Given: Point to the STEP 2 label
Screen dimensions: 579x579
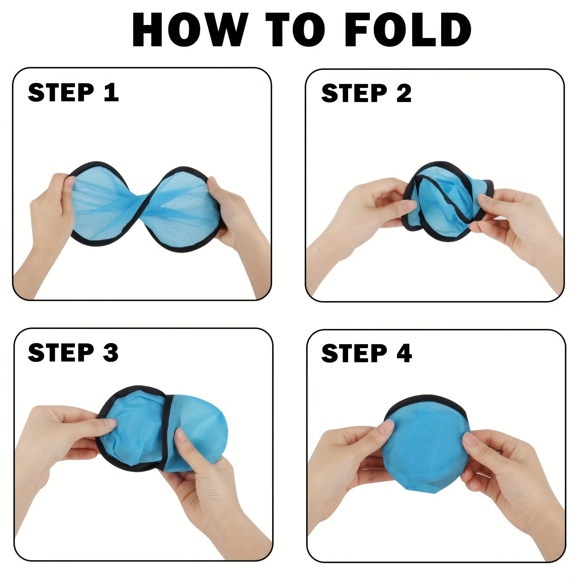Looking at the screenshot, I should [x=366, y=93].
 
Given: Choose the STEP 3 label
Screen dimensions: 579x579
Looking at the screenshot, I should [x=73, y=352].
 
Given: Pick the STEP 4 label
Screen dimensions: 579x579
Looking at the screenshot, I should [x=366, y=353].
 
